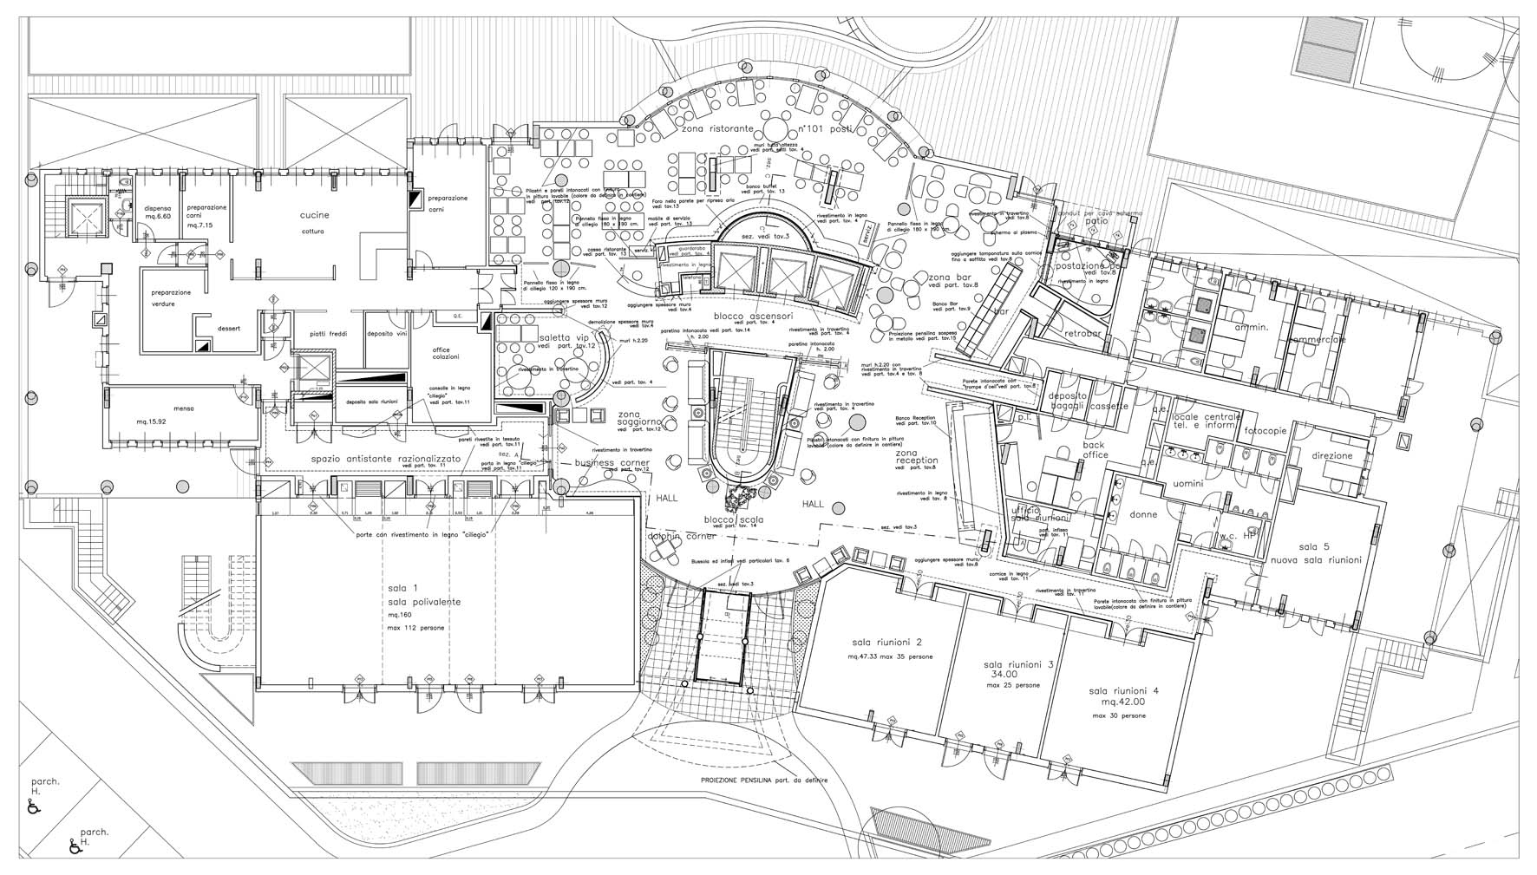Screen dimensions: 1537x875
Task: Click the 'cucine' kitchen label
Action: (x=315, y=215)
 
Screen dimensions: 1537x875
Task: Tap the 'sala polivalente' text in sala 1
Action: (x=424, y=601)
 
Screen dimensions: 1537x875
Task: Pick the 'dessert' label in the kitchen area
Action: (x=229, y=328)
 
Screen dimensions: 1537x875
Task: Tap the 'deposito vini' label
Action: (x=387, y=333)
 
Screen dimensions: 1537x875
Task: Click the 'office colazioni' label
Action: (x=448, y=353)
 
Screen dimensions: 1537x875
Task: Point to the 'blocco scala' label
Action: (x=734, y=519)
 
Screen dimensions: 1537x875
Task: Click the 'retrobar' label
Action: (x=1082, y=333)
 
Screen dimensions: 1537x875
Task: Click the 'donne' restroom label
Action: (x=1143, y=514)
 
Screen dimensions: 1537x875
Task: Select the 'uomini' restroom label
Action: (x=1187, y=483)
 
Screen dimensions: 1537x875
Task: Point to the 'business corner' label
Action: (x=612, y=463)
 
